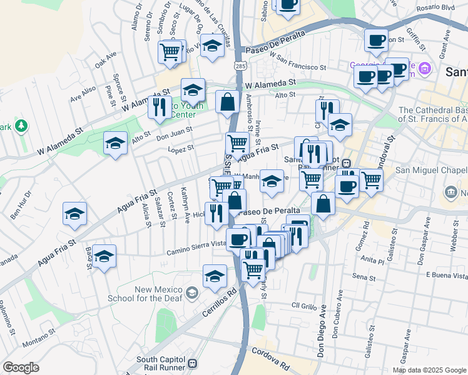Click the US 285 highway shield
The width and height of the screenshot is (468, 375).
tap(240, 65)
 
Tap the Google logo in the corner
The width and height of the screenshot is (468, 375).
tap(21, 367)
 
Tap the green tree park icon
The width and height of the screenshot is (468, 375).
tap(21, 126)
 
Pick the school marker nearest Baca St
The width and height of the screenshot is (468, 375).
tap(104, 256)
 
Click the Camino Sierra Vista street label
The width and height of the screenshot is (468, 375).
tap(196, 248)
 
